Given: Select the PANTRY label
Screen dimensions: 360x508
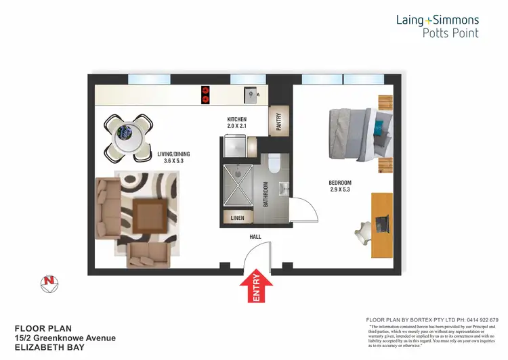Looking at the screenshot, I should point(278,121).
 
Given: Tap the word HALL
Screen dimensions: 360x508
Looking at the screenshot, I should point(255,237).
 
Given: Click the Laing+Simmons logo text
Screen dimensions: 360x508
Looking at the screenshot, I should point(438,20).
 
